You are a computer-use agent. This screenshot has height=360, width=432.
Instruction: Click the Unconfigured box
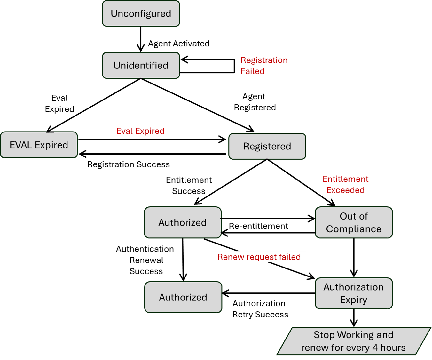click(x=141, y=13)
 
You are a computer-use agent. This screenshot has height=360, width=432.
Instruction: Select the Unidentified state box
click(x=141, y=65)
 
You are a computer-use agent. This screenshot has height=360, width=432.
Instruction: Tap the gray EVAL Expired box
click(x=39, y=145)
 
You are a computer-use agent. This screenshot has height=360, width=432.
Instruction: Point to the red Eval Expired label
click(x=140, y=131)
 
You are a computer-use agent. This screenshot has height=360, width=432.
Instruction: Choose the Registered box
click(x=267, y=146)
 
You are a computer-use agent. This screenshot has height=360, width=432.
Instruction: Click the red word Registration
click(x=264, y=60)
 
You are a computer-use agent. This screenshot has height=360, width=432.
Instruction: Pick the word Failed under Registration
click(x=252, y=71)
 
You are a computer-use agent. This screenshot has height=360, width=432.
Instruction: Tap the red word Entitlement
click(x=345, y=179)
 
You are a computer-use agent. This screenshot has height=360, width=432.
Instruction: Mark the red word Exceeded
click(x=345, y=190)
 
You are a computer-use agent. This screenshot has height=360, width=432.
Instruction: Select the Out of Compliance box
click(x=354, y=222)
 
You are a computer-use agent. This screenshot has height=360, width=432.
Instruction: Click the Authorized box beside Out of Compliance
click(x=183, y=222)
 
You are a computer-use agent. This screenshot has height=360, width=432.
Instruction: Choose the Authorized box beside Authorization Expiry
click(x=183, y=297)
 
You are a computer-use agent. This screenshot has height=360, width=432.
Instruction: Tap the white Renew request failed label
click(x=259, y=257)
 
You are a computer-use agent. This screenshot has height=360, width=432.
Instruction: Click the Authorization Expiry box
click(x=354, y=293)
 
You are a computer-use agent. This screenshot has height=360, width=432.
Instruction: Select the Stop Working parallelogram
click(x=353, y=341)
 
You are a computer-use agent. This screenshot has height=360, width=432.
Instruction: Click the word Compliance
click(x=354, y=229)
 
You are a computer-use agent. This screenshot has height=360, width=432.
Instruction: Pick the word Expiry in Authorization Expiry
click(x=354, y=300)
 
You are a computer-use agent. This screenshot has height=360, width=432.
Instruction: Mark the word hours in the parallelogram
click(x=393, y=348)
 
